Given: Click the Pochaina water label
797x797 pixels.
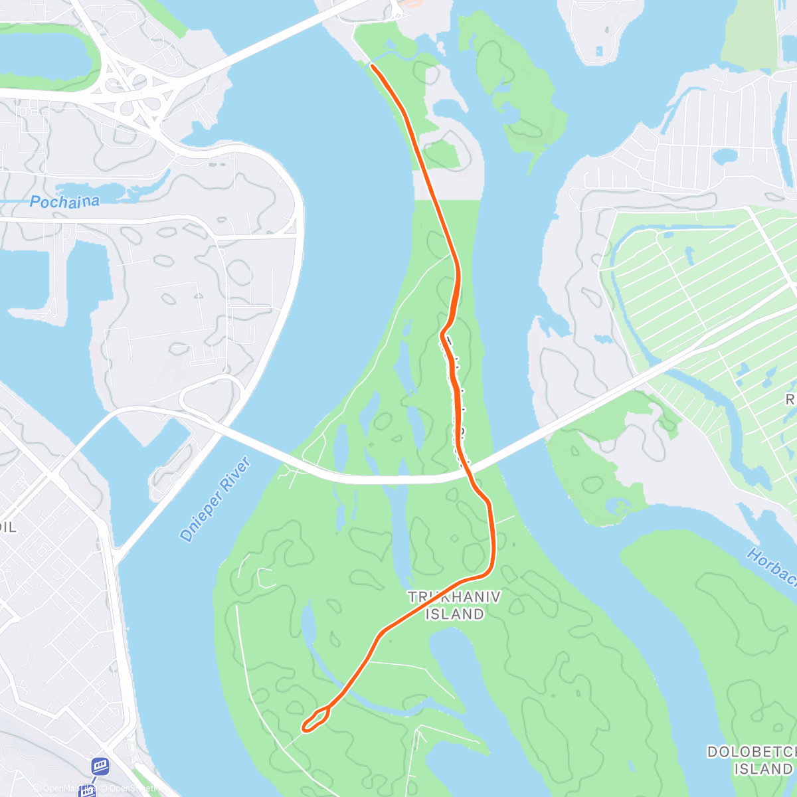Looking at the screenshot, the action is [64, 201].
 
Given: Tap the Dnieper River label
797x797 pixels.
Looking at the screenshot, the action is [215, 499].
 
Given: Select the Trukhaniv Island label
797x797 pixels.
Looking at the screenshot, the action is [454, 605].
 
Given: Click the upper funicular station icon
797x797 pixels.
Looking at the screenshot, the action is [100, 766].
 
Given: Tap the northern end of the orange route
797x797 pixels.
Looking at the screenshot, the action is [373, 66].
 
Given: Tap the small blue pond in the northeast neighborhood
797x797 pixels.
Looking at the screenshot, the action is [724, 157].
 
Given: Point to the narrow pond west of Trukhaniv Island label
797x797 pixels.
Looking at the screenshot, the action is [308, 624].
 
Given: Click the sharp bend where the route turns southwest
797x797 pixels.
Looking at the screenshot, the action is [490, 568].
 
